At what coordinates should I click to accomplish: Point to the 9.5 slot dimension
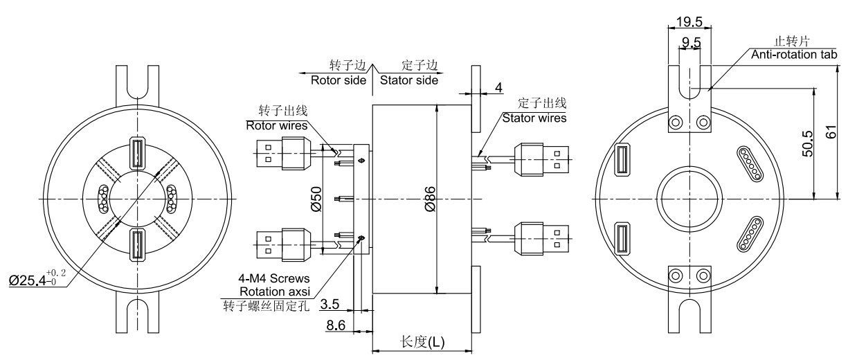pos(691,44)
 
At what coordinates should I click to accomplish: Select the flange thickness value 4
pos(498,88)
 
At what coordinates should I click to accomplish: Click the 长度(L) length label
pos(423,342)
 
